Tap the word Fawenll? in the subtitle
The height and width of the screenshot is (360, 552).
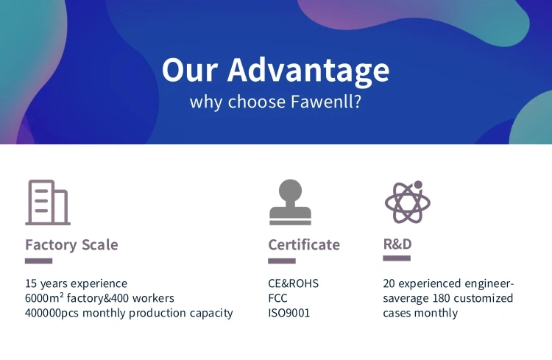(x=326, y=102)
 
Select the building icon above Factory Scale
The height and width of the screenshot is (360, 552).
(x=48, y=202)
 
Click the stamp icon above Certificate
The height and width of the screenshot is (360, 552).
(x=291, y=202)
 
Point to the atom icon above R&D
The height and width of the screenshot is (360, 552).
(x=408, y=202)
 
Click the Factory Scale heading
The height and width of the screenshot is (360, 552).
(x=71, y=244)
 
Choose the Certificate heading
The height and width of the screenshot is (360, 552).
(x=304, y=244)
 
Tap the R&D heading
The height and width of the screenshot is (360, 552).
(x=397, y=244)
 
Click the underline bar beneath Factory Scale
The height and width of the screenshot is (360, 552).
(x=39, y=261)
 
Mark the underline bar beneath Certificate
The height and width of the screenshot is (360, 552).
(x=282, y=261)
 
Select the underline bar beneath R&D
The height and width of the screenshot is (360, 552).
(x=397, y=258)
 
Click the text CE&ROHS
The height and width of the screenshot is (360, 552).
(x=293, y=283)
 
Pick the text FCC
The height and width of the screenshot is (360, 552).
(x=277, y=298)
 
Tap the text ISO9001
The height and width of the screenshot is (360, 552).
(x=289, y=313)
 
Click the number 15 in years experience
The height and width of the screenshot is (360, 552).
(x=31, y=283)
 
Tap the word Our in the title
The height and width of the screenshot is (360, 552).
(x=190, y=70)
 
